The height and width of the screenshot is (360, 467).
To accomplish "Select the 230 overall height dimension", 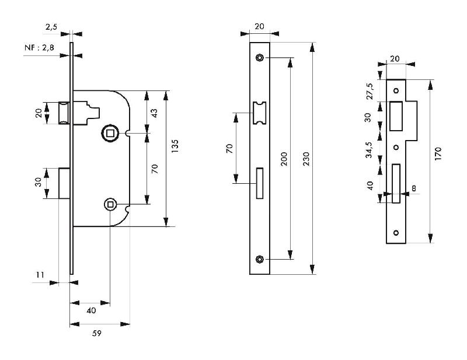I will tap(308, 158).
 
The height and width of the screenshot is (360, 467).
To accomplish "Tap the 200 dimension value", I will tap(284, 158).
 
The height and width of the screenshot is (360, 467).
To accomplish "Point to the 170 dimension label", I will tap(438, 153).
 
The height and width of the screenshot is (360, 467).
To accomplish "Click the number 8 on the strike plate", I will tap(414, 188).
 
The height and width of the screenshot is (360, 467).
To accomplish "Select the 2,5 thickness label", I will tap(51, 26).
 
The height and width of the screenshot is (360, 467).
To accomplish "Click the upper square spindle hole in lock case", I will tap(109, 134).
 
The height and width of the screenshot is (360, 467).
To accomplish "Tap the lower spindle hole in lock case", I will tap(110, 204).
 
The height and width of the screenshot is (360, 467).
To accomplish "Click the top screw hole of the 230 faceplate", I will tap(259, 57).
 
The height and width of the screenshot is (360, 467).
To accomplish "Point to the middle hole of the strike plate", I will tap(396, 147).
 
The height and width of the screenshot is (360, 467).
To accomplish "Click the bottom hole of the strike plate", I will tap(396, 233).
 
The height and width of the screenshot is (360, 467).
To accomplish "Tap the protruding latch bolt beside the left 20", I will tap(65, 112).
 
